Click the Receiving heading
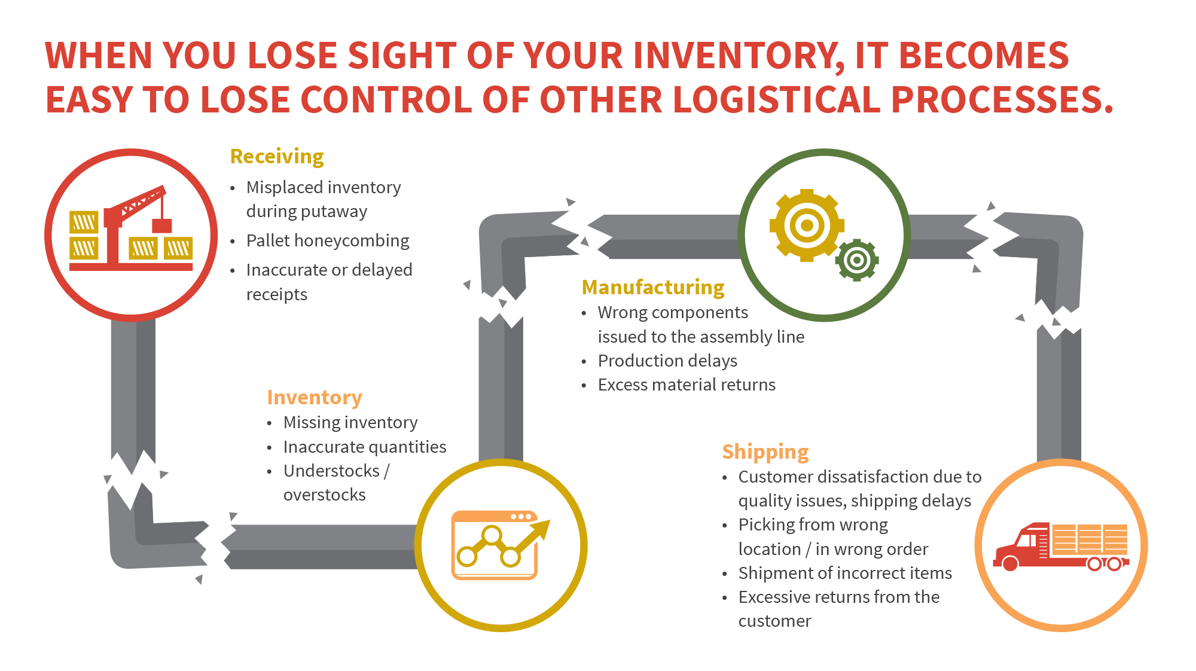pyautogui.click(x=277, y=157)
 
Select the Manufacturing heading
pyautogui.click(x=653, y=288)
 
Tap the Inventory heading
pyautogui.click(x=315, y=398)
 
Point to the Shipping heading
pyautogui.click(x=765, y=452)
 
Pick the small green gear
pyautogui.click(x=857, y=260)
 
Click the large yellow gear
pyautogui.click(x=807, y=225)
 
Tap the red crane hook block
pyautogui.click(x=161, y=225)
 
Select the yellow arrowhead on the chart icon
pyautogui.click(x=540, y=529)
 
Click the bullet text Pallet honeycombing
pyautogui.click(x=328, y=240)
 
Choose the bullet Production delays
pyautogui.click(x=667, y=361)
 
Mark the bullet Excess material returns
pyautogui.click(x=687, y=385)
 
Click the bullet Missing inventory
pyautogui.click(x=350, y=422)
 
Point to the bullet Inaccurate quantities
pyautogui.click(x=365, y=447)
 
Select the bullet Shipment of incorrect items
pyautogui.click(x=845, y=573)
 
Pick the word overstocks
pyautogui.click(x=325, y=495)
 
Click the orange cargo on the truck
pyautogui.click(x=1090, y=538)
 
